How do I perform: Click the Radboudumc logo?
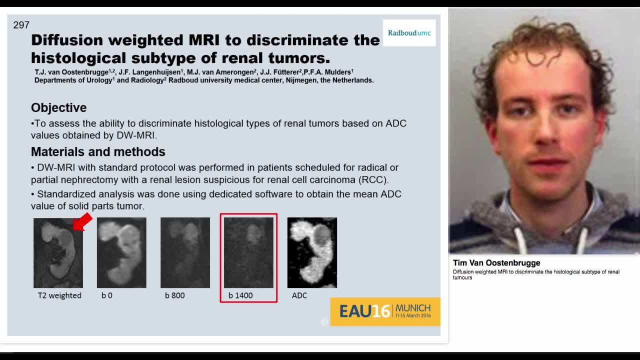(409, 33)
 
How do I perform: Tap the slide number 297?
(21, 25)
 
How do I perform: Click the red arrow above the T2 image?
(82, 221)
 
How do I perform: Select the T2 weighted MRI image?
(58, 252)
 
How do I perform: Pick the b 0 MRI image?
(121, 252)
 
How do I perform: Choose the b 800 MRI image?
(185, 252)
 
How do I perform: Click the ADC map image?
(312, 252)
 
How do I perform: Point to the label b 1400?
(240, 295)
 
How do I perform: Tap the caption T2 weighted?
(59, 295)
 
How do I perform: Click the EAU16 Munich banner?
(385, 311)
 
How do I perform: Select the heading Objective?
(58, 107)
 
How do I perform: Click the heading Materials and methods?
(98, 151)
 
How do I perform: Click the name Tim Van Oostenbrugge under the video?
(496, 263)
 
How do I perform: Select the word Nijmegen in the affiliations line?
(301, 80)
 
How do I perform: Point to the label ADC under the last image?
(299, 295)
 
